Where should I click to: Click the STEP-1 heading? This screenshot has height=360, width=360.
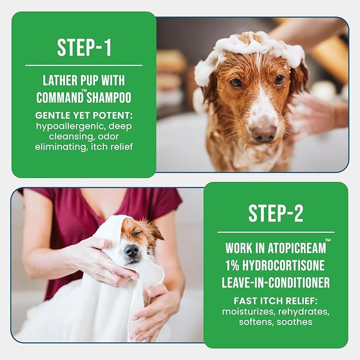(84, 47)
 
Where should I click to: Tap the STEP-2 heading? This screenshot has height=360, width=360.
(276, 214)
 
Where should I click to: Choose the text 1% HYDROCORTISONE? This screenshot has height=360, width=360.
(276, 265)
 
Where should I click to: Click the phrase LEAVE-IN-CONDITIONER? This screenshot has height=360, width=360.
(276, 282)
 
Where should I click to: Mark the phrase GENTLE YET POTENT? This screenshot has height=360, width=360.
(84, 115)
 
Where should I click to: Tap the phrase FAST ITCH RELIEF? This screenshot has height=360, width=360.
(276, 300)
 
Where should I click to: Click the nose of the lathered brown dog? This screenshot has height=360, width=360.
(264, 132)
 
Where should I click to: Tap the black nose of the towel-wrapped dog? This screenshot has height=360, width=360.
(131, 251)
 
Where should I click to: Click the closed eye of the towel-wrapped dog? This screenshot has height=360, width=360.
(138, 233)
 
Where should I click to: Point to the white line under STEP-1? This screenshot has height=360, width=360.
(84, 65)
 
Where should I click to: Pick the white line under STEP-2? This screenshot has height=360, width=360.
(276, 232)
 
